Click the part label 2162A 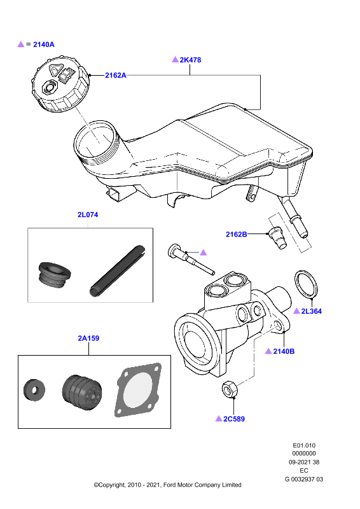pos(116,75)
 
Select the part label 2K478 pos(190,60)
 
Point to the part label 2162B pos(237,234)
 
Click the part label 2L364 pos(311,311)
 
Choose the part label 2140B pos(284,351)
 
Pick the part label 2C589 pos(233,419)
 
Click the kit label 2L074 pos(88,214)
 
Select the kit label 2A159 pos(88,338)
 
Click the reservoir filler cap pos(60,85)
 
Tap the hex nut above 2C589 pos(230,389)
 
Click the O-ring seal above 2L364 pos(306,283)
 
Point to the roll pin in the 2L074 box pos(117,272)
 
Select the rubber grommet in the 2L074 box pos(55,275)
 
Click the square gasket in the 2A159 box pos(138,389)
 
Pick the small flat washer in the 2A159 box pos(34,389)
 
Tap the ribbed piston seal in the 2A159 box pos(82,392)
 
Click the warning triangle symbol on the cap pos(55,69)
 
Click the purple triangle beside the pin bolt pos(203,252)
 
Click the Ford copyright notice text pos(167,485)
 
